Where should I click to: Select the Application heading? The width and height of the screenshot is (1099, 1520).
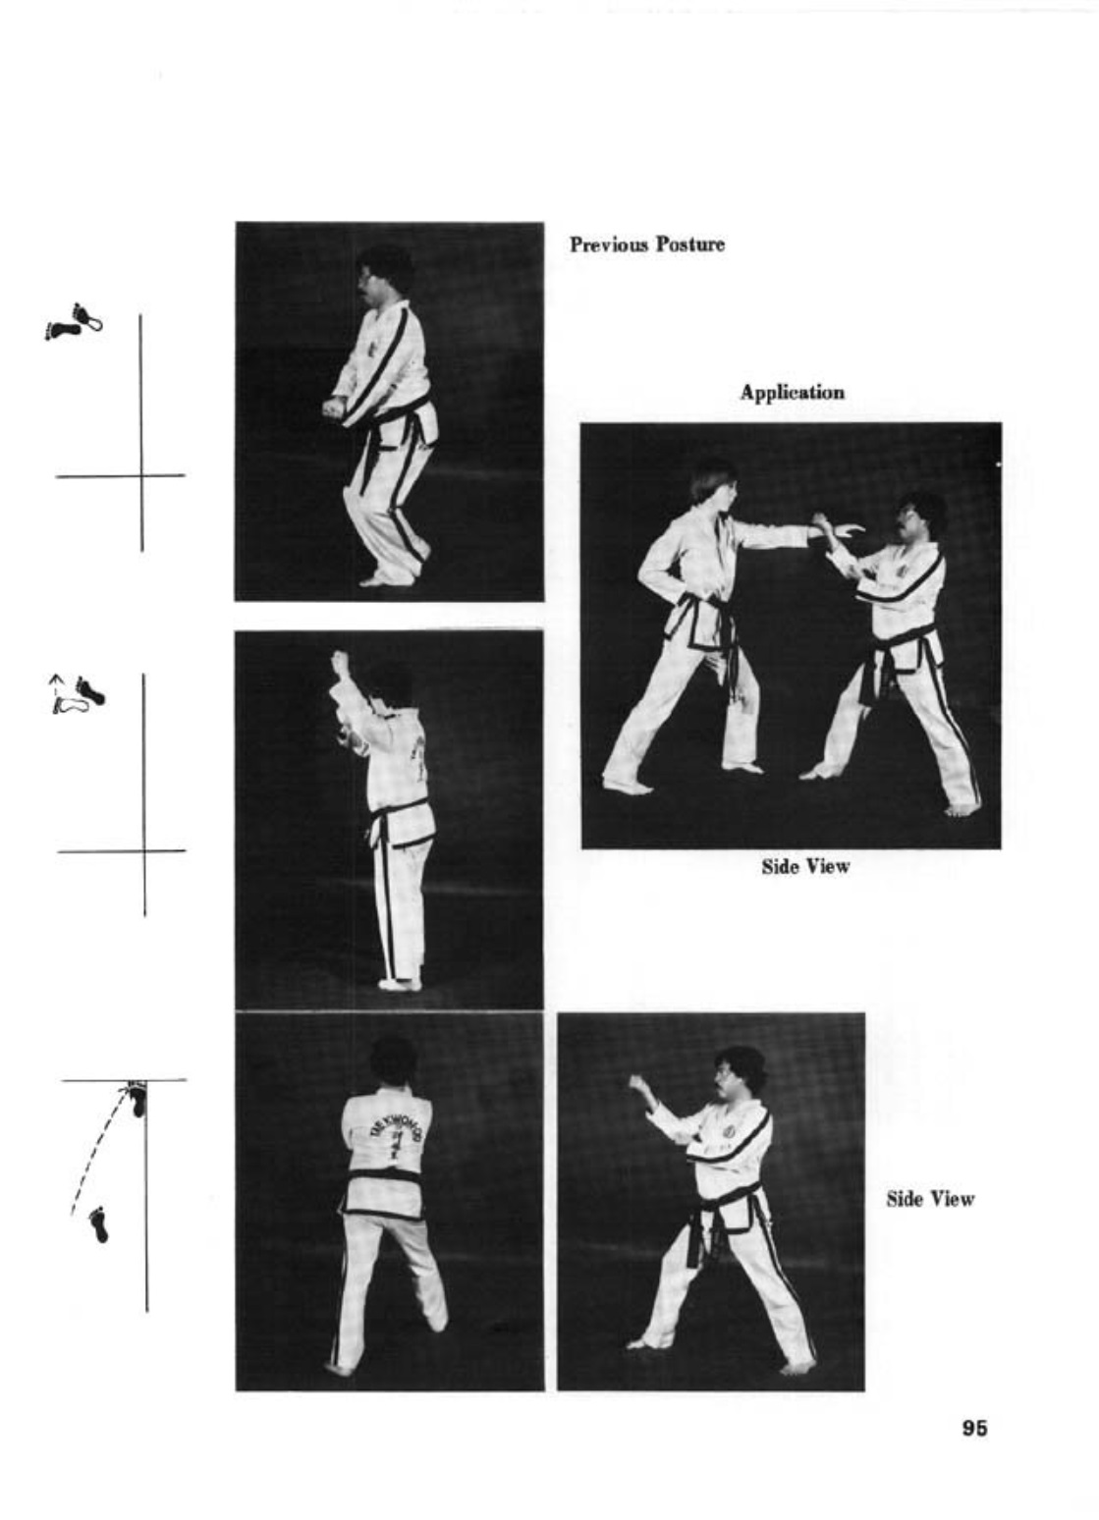(x=793, y=393)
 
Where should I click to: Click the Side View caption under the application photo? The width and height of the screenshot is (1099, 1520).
(x=805, y=866)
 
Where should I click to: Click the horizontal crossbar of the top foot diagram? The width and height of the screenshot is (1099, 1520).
(x=120, y=475)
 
